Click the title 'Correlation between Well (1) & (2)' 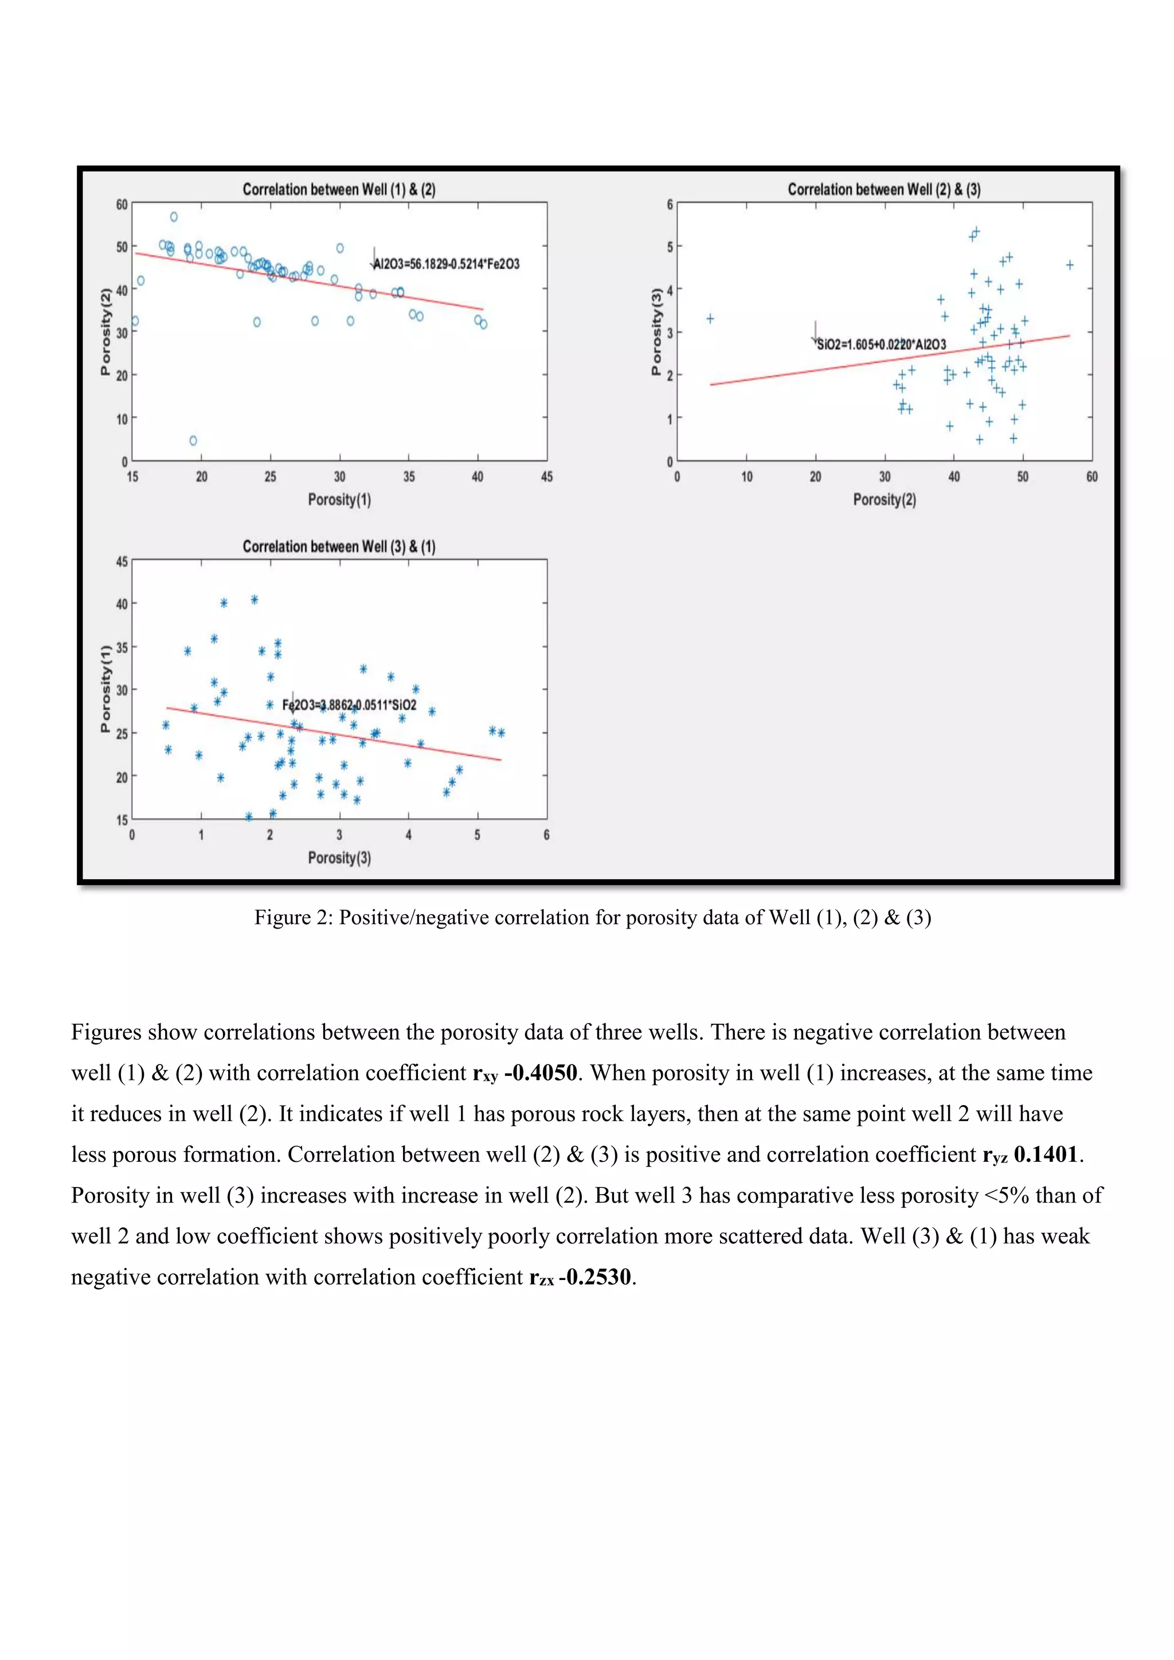[338, 189]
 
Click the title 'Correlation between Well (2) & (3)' [883, 189]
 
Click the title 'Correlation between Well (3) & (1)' [338, 547]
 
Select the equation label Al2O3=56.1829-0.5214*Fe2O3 [446, 264]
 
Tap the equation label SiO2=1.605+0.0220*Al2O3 [880, 344]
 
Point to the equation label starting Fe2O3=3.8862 [349, 705]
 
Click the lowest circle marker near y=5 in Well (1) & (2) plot [193, 440]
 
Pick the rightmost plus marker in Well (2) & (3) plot [1069, 265]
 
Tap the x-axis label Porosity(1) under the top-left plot [339, 500]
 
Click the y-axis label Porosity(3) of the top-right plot [656, 332]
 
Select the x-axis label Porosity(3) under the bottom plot [339, 858]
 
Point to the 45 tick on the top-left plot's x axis [546, 477]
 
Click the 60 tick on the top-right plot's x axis [1091, 477]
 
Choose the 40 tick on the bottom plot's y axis [122, 604]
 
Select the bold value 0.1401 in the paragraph [1046, 1154]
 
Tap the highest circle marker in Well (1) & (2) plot [174, 217]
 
